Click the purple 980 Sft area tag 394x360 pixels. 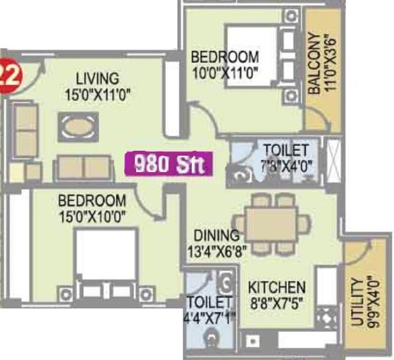(x=169, y=164)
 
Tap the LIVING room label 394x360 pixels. (x=98, y=78)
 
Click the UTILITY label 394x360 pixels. (x=357, y=302)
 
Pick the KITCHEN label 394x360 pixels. (x=277, y=287)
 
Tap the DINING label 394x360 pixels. (x=217, y=235)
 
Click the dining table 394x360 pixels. (x=271, y=224)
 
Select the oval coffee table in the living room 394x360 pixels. (x=78, y=127)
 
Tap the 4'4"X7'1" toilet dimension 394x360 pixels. (x=210, y=318)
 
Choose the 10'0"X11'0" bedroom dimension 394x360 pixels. (x=225, y=73)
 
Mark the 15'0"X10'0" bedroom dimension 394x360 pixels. (x=92, y=216)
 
